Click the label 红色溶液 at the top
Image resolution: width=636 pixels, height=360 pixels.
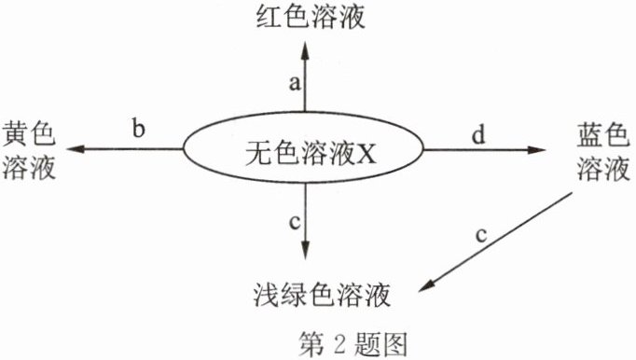point(311,17)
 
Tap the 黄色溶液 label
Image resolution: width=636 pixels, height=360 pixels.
point(29,151)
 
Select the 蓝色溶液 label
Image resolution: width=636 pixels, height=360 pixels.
point(603,152)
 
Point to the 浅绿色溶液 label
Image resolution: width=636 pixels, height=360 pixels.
point(322,295)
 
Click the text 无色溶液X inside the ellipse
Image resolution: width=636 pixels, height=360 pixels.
point(311,153)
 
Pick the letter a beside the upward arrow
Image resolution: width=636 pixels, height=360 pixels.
point(296,83)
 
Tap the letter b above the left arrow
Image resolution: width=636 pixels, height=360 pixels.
point(139,129)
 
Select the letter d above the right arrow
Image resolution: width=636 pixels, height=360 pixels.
point(478,134)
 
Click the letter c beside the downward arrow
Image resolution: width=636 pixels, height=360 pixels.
point(295,222)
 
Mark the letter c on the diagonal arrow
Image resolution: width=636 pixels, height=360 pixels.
point(481,235)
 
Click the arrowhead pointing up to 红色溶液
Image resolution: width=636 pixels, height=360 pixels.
point(305,50)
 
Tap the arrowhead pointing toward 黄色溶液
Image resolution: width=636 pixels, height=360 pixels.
point(76,149)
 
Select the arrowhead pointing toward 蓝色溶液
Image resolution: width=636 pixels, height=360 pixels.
point(536,150)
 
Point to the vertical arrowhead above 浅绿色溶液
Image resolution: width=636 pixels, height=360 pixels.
point(305,249)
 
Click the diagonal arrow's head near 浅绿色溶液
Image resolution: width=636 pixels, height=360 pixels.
point(427,285)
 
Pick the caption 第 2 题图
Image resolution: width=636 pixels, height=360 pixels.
point(353,344)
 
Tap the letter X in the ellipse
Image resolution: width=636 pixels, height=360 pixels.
point(366,154)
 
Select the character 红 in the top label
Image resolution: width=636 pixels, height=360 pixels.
point(270,17)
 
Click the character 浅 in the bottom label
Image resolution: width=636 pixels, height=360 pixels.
point(267,295)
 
